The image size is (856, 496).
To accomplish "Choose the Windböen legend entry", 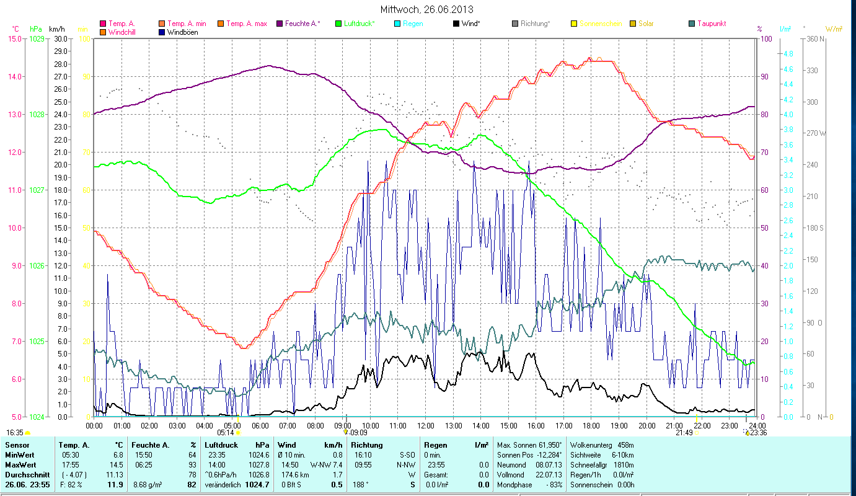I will (x=183, y=32).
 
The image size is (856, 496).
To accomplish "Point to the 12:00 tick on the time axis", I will (x=426, y=426).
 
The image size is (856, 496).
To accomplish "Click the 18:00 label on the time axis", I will (x=591, y=426).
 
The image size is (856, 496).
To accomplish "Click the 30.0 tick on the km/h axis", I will (x=60, y=38).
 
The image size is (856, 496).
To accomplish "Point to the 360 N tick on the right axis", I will (x=814, y=38).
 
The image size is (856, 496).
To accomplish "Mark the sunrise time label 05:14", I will (x=226, y=432).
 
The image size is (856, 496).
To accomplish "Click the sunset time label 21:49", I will (x=684, y=432).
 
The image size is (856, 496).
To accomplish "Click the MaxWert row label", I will (x=21, y=464).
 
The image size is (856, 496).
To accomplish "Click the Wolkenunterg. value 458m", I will (x=626, y=445).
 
